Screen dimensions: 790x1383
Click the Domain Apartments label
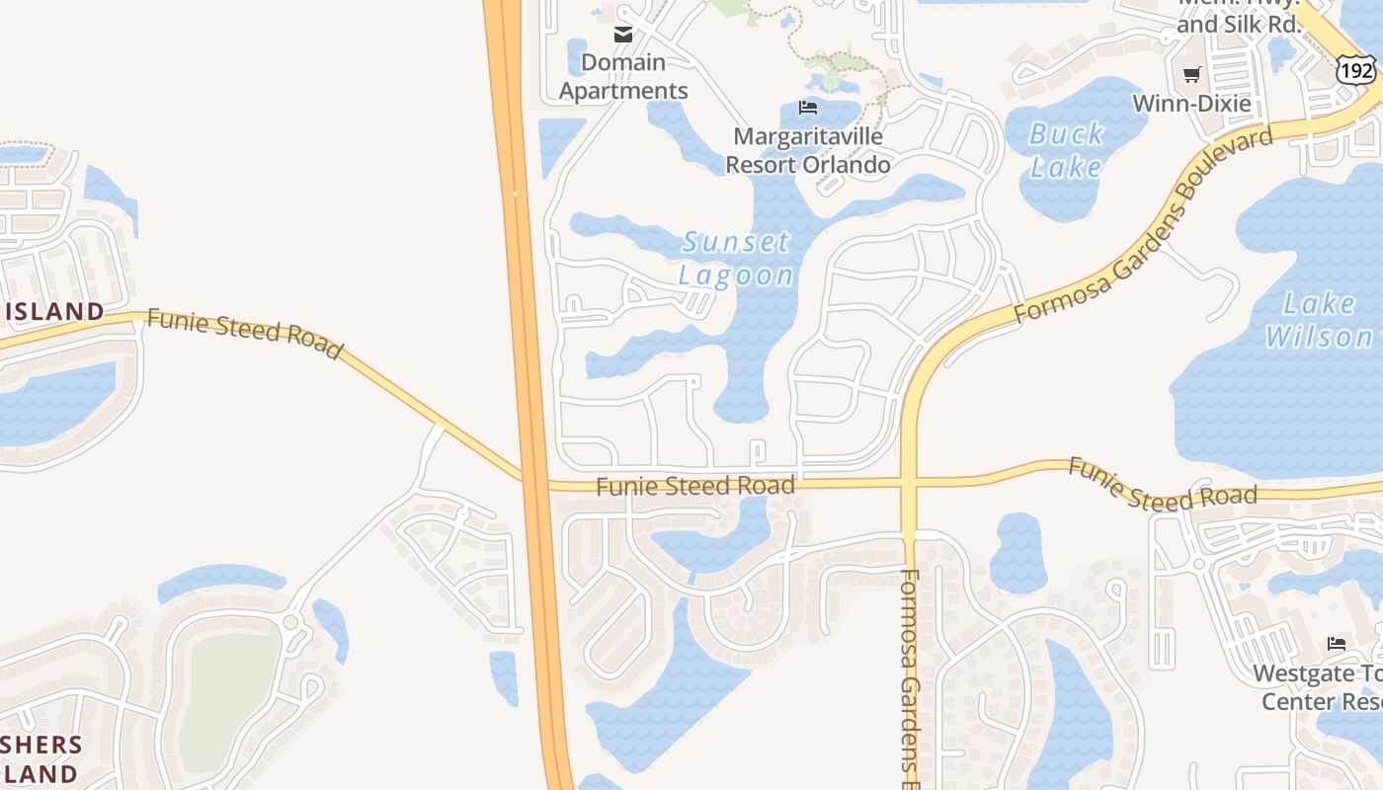tap(623, 77)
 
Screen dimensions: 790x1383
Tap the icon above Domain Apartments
tap(623, 36)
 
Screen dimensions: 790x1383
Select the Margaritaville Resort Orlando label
tap(808, 150)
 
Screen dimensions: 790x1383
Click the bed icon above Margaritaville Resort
tap(808, 108)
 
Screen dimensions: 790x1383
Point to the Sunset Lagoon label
tap(737, 258)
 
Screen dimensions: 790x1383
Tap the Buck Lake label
tap(1066, 150)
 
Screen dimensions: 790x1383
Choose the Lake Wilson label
tap(1318, 320)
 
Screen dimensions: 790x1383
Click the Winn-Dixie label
tap(1191, 104)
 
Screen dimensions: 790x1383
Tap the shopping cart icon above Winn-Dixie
tap(1191, 74)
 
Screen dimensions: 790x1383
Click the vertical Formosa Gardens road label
tap(910, 671)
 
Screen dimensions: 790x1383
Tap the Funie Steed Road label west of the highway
tap(245, 333)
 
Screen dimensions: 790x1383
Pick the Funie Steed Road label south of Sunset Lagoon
tap(695, 486)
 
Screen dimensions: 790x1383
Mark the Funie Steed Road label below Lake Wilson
tap(1163, 484)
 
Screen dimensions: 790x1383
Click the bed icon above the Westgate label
tap(1337, 644)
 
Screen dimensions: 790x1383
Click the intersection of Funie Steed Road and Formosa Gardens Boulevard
tap(910, 484)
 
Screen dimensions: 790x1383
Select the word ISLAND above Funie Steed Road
tap(54, 312)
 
